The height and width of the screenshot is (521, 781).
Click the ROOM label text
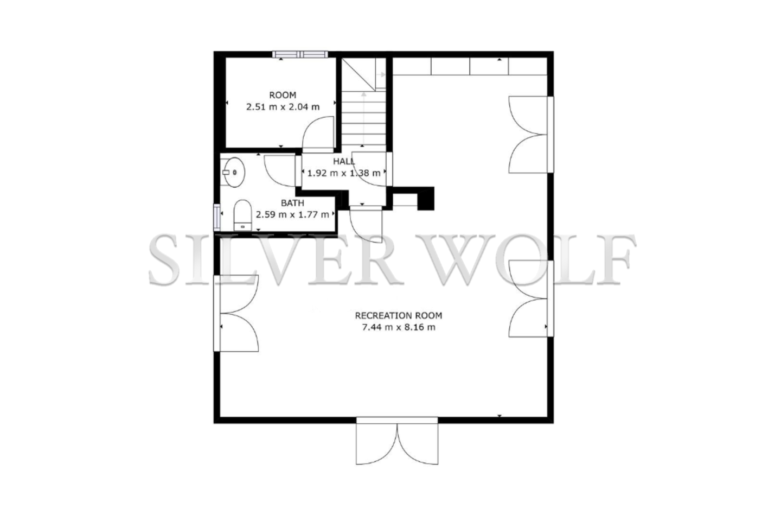pos(283,95)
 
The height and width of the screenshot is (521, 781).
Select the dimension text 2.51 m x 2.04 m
pos(283,107)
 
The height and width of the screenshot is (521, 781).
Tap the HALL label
pos(344,161)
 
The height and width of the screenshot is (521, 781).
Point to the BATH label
pos(292,203)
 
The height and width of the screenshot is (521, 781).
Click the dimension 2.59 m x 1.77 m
pos(292,214)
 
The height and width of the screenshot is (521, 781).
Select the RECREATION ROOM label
pos(399,315)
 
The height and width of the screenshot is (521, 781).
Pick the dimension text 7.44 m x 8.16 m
pos(399,327)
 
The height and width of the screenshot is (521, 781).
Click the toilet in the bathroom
pos(242,215)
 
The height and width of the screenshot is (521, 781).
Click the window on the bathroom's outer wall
pos(217,217)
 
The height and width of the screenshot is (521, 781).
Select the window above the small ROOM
pos(300,54)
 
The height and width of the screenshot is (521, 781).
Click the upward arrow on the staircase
pos(363,119)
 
